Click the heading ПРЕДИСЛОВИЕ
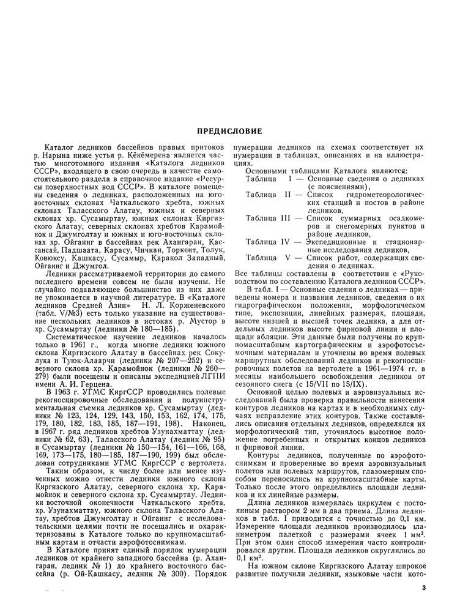(229, 131)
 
